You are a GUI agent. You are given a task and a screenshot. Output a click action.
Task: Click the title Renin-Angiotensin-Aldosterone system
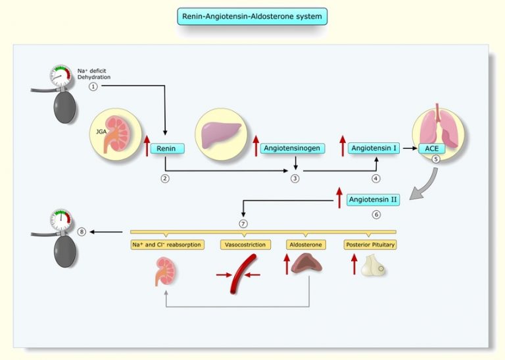(252, 16)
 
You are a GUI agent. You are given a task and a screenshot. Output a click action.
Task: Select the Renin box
(168, 149)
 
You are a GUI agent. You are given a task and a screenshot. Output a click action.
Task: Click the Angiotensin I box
(373, 149)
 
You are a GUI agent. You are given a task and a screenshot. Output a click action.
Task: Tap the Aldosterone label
(306, 245)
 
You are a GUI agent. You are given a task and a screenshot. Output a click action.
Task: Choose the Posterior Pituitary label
(370, 245)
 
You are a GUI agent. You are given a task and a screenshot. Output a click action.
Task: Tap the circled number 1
(94, 86)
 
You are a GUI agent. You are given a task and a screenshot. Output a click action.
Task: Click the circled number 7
(243, 223)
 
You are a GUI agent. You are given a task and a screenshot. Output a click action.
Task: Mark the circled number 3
(295, 178)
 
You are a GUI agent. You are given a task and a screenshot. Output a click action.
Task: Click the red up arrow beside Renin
(147, 143)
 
